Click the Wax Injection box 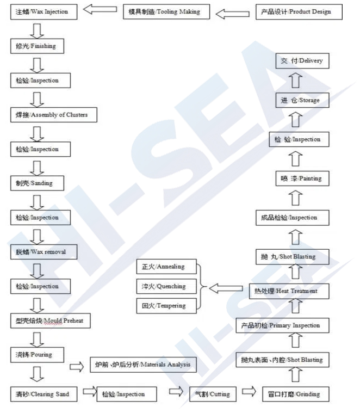pyautogui.click(x=44, y=12)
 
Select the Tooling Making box pyautogui.click(x=166, y=12)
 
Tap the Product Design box pyautogui.click(x=299, y=12)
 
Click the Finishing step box pyautogui.click(x=37, y=46)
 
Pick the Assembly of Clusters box pyautogui.click(x=54, y=115)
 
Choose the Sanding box pyautogui.click(x=37, y=183)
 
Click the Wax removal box pyautogui.click(x=44, y=252)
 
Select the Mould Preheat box pyautogui.click(x=51, y=321)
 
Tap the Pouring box pyautogui.click(x=37, y=355)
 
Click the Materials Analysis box pyautogui.click(x=143, y=365)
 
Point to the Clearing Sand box pyautogui.click(x=44, y=394)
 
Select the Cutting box pyautogui.click(x=213, y=394)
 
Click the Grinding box pyautogui.click(x=296, y=394)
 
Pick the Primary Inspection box pyautogui.click(x=282, y=325)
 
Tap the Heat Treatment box pyautogui.click(x=289, y=291)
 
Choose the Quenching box pyautogui.click(x=166, y=286)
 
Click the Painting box pyautogui.click(x=302, y=178)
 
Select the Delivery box pyautogui.click(x=302, y=61)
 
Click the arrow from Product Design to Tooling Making pyautogui.click(x=232, y=14)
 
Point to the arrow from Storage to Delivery pyautogui.click(x=295, y=80)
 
